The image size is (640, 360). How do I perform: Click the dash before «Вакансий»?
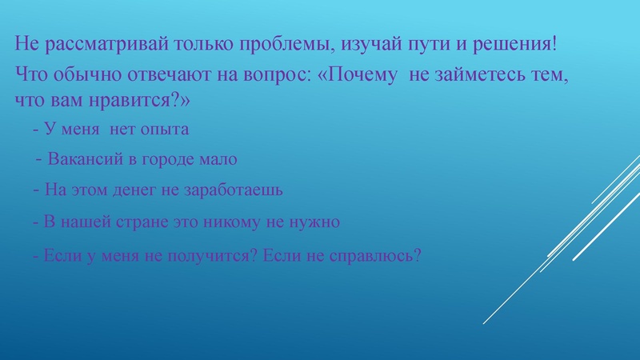click(39, 158)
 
